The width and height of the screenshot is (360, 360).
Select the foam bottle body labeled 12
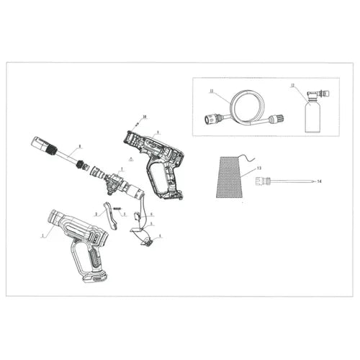(x=312, y=117)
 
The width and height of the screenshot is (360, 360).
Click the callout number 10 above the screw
(x=144, y=116)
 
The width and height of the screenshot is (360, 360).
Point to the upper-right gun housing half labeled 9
(x=158, y=162)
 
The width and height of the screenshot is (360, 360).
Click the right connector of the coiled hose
(x=274, y=120)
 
